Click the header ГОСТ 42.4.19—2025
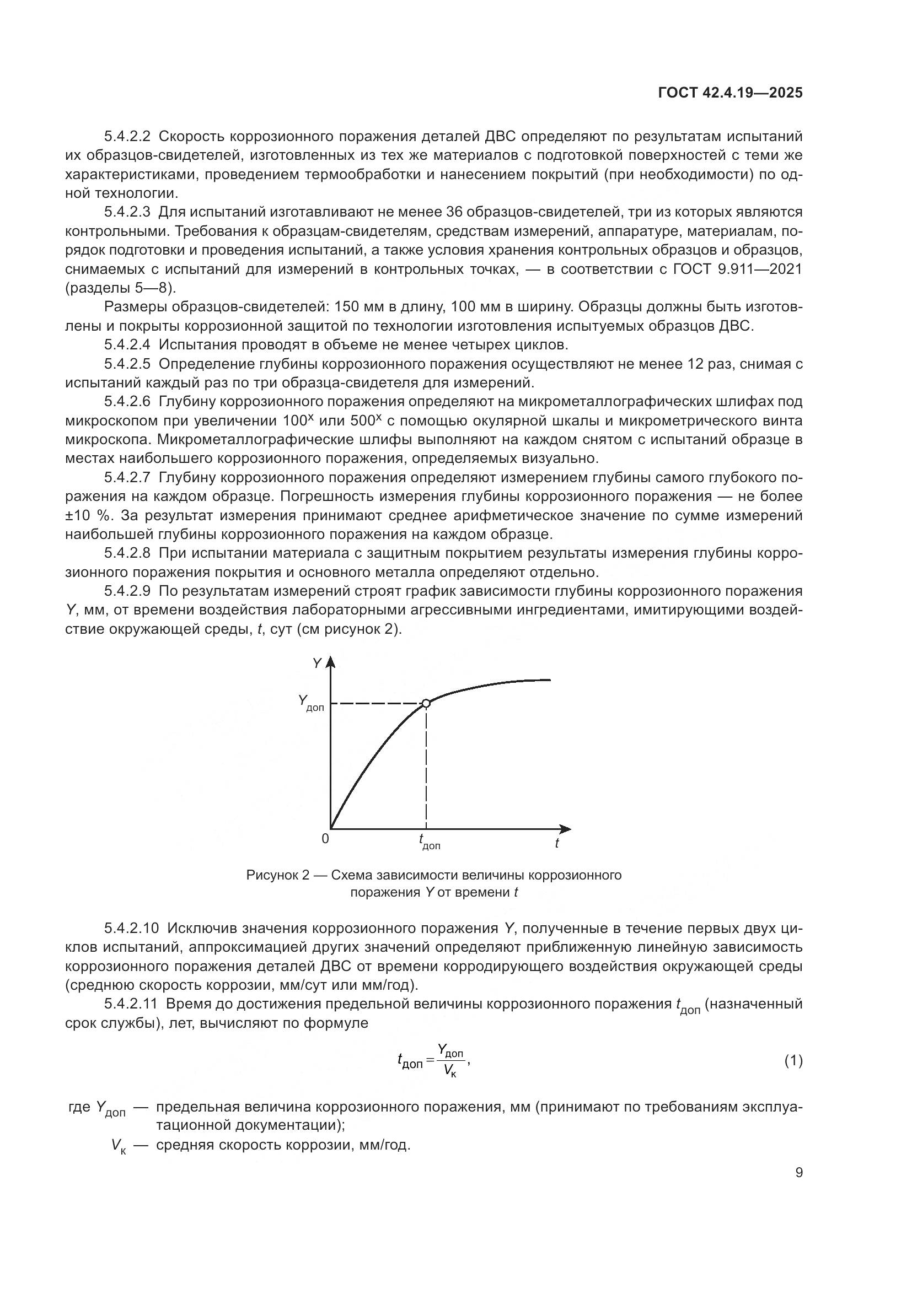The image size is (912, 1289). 730,93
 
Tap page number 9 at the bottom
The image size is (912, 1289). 798,1173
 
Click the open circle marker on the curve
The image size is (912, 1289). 426,703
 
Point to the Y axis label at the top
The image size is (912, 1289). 316,664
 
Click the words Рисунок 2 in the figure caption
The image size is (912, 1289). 277,875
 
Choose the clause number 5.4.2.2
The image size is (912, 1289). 127,137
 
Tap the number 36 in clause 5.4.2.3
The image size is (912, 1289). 454,212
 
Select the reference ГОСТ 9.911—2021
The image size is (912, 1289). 737,269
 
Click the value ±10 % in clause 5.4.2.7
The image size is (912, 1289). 87,515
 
